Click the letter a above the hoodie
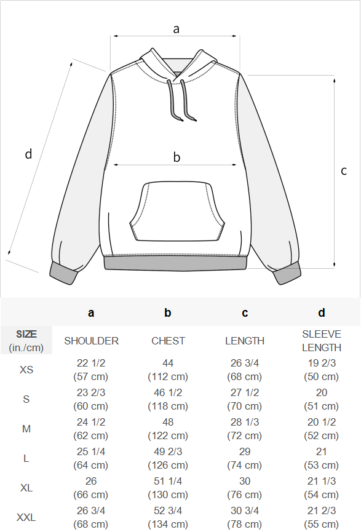coord(176,30)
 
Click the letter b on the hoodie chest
coord(177,157)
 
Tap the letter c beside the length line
coord(344,170)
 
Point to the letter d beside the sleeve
coord(28,154)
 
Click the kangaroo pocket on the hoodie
coord(177,212)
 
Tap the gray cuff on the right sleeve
coord(287,273)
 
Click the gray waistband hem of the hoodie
coord(175,264)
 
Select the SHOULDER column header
coord(91,341)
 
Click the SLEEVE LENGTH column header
coord(322,341)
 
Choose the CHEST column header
coord(168,341)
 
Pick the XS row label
coord(26,370)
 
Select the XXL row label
coord(26,517)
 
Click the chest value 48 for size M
coord(168,422)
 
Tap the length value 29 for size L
coord(245,451)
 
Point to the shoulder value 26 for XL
coord(91,481)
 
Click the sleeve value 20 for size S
coord(321,392)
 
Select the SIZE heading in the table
coord(26,334)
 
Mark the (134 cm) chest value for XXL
coord(168,524)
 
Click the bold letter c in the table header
coord(245,313)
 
